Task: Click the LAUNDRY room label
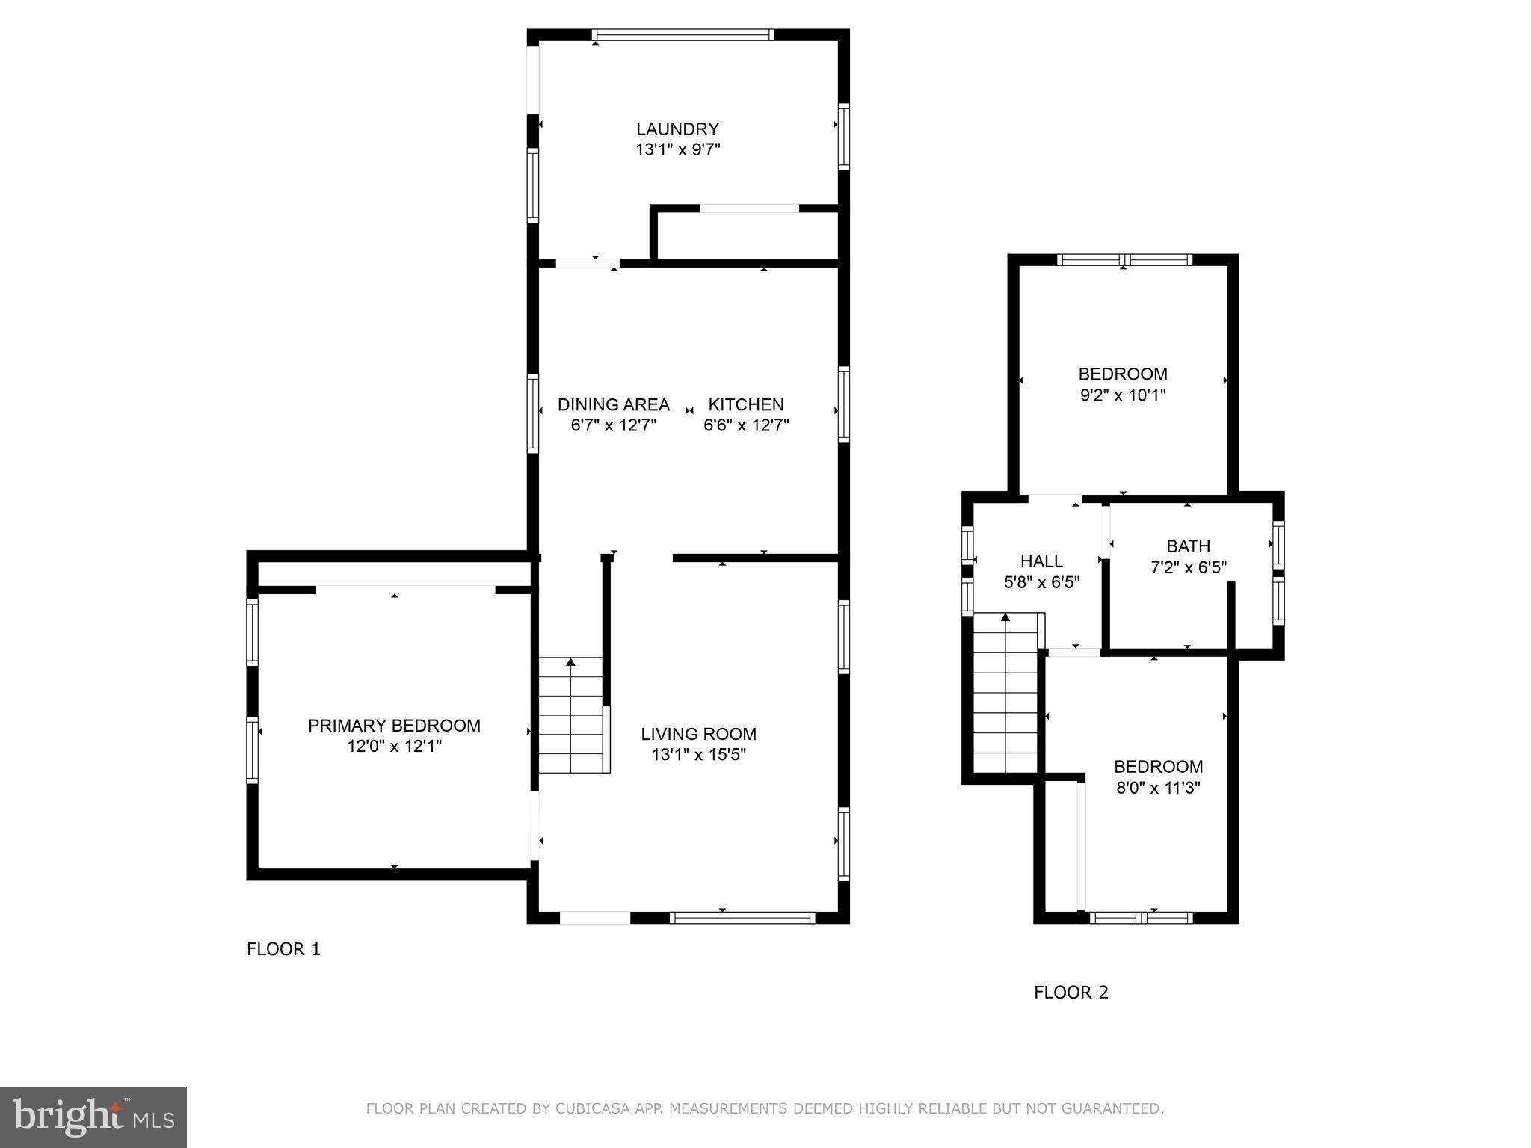click(x=677, y=129)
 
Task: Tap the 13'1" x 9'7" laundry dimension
click(x=677, y=149)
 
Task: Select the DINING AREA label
click(x=613, y=404)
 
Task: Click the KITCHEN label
click(x=746, y=404)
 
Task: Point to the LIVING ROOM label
click(x=698, y=734)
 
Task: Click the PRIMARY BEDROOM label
click(x=394, y=725)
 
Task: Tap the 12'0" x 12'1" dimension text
click(x=394, y=746)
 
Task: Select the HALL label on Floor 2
click(x=1041, y=561)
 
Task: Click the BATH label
click(x=1188, y=546)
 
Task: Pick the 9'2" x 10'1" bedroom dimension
click(x=1122, y=395)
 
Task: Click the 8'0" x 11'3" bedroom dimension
click(x=1158, y=787)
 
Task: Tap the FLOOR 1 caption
click(x=283, y=949)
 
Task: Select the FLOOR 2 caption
click(x=1071, y=993)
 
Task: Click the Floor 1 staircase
click(x=570, y=715)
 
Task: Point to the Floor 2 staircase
click(x=1005, y=695)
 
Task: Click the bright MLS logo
click(x=93, y=1117)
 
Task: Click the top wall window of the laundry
click(x=683, y=34)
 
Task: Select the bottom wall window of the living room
click(x=742, y=917)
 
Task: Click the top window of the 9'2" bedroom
click(x=1124, y=260)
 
